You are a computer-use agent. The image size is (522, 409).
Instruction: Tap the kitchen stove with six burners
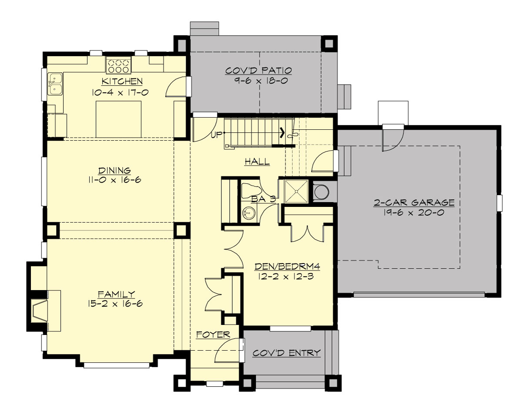(118, 66)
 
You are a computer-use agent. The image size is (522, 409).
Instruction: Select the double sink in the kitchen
(55, 84)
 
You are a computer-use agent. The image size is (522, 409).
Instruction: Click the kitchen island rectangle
(118, 119)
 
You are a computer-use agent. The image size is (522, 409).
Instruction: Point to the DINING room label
(114, 171)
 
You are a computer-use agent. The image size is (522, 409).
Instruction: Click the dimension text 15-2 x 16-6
(116, 304)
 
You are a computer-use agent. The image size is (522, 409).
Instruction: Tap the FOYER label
(213, 335)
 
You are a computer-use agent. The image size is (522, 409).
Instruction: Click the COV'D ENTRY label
(287, 353)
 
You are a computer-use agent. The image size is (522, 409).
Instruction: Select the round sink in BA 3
(248, 213)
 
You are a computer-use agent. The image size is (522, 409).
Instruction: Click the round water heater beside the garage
(322, 191)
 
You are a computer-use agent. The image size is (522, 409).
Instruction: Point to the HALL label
(257, 162)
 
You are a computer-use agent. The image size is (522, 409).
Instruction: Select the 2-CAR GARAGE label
(414, 203)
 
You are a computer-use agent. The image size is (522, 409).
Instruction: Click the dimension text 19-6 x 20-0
(414, 213)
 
